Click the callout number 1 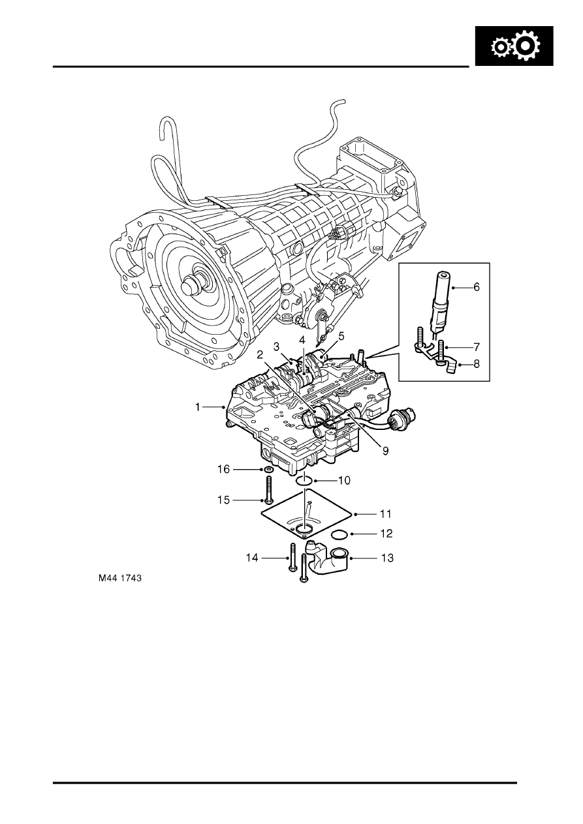coord(198,407)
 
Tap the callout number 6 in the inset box coord(477,287)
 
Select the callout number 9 coord(385,451)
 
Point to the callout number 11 coord(385,514)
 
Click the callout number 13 coord(387,558)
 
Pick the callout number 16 coord(224,469)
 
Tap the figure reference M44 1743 coord(120,578)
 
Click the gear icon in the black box coord(515,46)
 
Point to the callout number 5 coord(341,336)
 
